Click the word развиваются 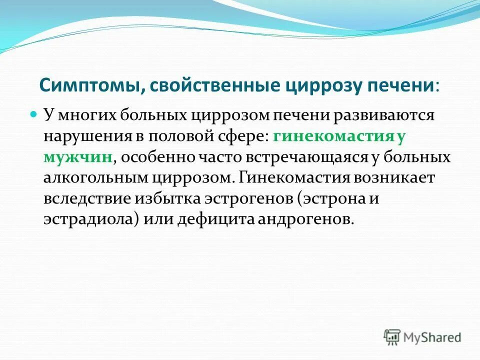[383, 115]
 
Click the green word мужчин [78, 157]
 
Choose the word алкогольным [96, 178]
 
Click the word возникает [394, 177]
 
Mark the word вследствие [87, 199]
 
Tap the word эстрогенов [248, 199]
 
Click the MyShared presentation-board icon [392, 337]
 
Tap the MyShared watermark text [432, 337]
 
